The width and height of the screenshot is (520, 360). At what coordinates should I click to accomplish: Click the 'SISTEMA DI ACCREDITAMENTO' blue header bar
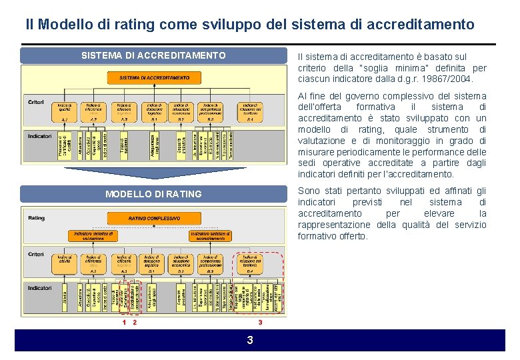pyautogui.click(x=153, y=55)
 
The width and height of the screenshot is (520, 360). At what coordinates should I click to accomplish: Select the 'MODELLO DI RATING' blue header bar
pyautogui.click(x=153, y=194)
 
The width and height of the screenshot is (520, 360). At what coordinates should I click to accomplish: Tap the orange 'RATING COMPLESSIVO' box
pyautogui.click(x=154, y=218)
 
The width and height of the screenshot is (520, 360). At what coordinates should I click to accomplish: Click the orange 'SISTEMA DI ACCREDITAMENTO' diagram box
pyautogui.click(x=154, y=78)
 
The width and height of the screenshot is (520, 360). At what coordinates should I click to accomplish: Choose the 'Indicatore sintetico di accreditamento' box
pyautogui.click(x=211, y=235)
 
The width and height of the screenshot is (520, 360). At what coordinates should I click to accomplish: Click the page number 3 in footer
pyautogui.click(x=250, y=341)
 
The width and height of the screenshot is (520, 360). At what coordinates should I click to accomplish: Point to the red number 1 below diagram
pyautogui.click(x=124, y=323)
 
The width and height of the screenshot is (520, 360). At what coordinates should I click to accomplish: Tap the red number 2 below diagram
pyautogui.click(x=135, y=323)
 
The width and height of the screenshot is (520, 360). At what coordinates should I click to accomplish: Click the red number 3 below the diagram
pyautogui.click(x=260, y=323)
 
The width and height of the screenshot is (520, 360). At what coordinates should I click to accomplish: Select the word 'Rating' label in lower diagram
pyautogui.click(x=37, y=218)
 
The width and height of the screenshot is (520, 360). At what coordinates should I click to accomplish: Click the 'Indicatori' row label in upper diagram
pyautogui.click(x=39, y=137)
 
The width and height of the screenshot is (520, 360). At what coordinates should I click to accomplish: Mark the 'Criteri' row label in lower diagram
pyautogui.click(x=36, y=255)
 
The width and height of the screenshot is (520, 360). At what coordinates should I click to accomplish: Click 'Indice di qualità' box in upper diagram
pyautogui.click(x=65, y=109)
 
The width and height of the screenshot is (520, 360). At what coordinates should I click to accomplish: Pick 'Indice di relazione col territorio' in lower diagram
pyautogui.click(x=250, y=261)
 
